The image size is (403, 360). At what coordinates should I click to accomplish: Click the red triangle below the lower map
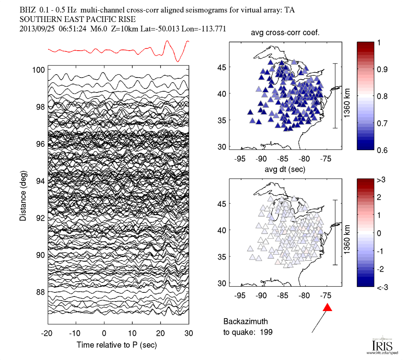click(x=328, y=307)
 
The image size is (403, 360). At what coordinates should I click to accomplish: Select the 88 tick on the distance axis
click(x=40, y=292)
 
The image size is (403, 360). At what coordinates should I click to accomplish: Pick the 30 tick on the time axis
click(x=189, y=333)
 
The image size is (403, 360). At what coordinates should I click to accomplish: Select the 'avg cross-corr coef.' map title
click(x=284, y=34)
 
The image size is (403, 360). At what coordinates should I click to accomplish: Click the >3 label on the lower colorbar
click(x=380, y=180)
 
